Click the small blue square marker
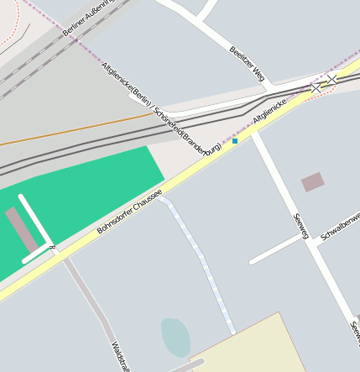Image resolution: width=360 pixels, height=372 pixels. point(235,141)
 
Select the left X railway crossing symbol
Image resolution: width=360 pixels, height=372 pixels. point(316,87)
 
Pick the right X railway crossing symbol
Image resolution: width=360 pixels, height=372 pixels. point(332,79)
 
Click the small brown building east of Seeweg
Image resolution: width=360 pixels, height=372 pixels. point(313,181)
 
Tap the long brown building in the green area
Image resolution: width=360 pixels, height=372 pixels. point(22,231)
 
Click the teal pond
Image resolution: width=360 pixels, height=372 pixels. point(175,335)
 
